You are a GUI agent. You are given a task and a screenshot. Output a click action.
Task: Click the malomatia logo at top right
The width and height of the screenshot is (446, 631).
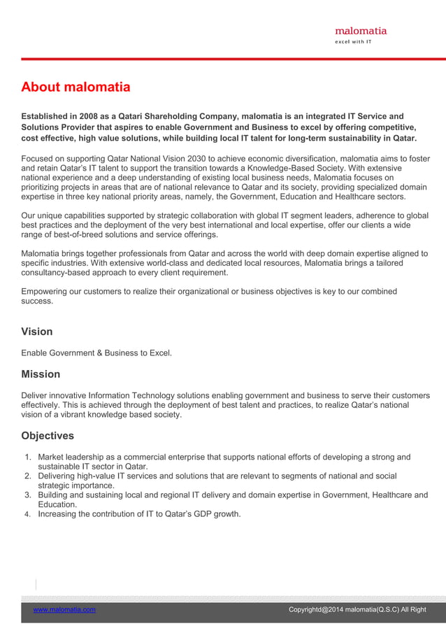(361, 30)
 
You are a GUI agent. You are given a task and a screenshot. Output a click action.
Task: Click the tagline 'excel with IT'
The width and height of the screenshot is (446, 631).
(354, 42)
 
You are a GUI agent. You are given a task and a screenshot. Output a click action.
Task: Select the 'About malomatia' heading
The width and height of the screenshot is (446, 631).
(75, 87)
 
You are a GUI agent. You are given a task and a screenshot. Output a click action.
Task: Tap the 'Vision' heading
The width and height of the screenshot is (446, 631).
(37, 331)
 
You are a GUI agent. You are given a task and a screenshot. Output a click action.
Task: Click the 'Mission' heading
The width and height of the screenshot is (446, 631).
(41, 374)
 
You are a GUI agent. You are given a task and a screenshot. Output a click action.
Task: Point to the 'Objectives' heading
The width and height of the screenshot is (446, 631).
(48, 436)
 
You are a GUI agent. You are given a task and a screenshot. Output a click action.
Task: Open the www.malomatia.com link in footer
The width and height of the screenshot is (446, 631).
(64, 610)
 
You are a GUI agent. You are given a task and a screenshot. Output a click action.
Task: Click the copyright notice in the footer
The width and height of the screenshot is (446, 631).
(357, 610)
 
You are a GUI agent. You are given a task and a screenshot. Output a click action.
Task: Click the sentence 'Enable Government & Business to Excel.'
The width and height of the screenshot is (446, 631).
(96, 353)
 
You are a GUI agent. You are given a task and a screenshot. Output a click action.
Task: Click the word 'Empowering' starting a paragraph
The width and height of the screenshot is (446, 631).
(45, 291)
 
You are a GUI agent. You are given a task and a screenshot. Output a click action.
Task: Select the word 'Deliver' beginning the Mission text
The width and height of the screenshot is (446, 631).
(35, 395)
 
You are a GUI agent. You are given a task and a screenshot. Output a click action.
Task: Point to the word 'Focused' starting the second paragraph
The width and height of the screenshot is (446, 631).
(38, 158)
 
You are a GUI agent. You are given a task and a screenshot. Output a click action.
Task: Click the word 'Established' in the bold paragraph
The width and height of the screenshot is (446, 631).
(47, 116)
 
